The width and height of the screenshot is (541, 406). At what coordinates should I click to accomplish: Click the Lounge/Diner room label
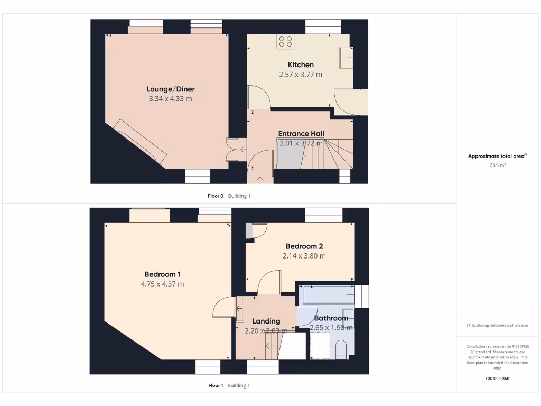[166, 89]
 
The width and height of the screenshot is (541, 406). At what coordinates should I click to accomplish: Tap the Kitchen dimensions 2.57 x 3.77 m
[300, 75]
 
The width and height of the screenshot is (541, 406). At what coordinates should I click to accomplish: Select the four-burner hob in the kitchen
[286, 42]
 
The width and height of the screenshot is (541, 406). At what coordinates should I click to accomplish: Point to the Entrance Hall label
[301, 133]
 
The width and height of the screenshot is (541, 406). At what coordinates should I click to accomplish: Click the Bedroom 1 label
[162, 274]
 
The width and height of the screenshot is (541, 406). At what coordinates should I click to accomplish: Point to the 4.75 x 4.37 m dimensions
[162, 284]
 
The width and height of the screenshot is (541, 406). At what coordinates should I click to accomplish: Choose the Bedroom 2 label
[304, 246]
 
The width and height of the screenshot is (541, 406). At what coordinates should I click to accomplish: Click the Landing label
[266, 321]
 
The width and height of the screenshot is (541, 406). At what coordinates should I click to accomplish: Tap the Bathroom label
[331, 318]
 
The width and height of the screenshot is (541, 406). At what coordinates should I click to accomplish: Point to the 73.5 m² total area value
[497, 165]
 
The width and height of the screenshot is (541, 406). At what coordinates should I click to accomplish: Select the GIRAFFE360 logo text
[497, 379]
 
